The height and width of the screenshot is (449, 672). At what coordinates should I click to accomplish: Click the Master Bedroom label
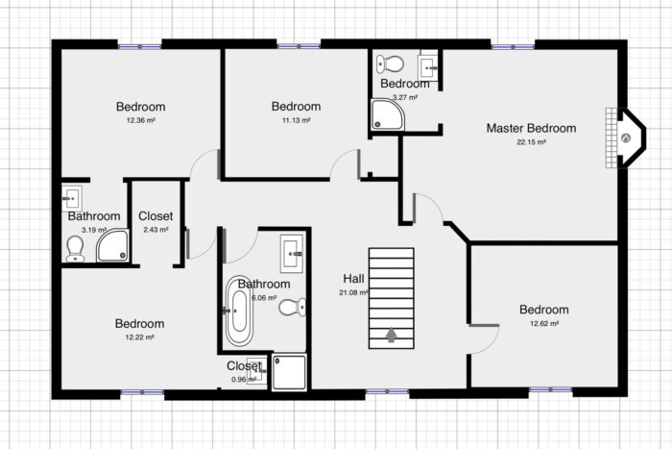(x=531, y=128)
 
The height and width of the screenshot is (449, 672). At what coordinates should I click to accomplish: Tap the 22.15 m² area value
(x=531, y=142)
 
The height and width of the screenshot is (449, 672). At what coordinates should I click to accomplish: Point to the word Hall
(x=352, y=279)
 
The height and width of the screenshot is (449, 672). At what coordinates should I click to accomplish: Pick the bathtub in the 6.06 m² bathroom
(x=237, y=312)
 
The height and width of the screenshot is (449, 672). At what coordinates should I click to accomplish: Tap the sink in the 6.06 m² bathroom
(x=292, y=254)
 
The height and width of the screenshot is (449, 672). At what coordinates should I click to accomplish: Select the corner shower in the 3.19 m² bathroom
(x=112, y=246)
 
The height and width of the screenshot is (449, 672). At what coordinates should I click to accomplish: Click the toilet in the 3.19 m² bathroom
(x=75, y=249)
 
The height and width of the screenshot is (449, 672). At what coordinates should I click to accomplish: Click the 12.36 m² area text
(x=141, y=121)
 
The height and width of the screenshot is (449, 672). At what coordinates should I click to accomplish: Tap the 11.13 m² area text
(x=295, y=121)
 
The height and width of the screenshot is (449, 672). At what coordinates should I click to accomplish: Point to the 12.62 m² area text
(x=543, y=324)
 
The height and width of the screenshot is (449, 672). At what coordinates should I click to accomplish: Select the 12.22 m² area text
(x=139, y=337)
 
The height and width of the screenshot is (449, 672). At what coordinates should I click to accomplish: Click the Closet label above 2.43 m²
(x=156, y=216)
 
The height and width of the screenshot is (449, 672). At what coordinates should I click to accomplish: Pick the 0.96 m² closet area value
(x=243, y=380)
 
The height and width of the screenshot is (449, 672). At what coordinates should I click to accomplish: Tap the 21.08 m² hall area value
(x=352, y=292)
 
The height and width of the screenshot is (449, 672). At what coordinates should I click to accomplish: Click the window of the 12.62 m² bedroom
(x=551, y=390)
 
